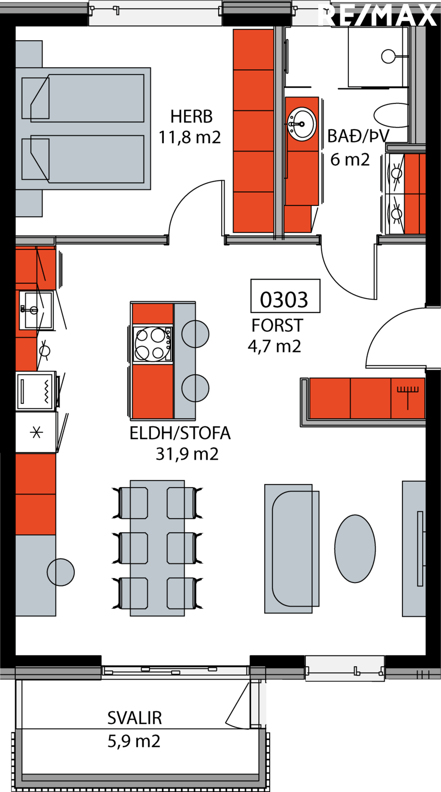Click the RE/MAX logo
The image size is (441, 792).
point(377,15)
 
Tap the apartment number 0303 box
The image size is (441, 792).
point(286,296)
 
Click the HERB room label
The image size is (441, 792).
point(192,117)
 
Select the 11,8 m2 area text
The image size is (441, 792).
point(190,137)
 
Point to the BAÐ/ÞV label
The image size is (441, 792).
point(358,136)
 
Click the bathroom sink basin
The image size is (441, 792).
point(301,124)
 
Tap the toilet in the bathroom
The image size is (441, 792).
point(392,115)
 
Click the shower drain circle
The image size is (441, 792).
point(389,56)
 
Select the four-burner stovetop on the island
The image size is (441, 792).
point(152,344)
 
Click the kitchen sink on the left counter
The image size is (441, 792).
point(36,310)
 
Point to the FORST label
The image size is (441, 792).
point(277,326)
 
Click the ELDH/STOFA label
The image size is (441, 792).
point(180,433)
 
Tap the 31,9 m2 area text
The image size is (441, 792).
point(187,454)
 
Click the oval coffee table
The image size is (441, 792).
point(355,549)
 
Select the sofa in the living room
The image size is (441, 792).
point(292,549)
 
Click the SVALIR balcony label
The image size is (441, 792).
point(135,718)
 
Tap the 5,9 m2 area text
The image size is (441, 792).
point(134,741)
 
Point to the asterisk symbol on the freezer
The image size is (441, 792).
point(37,433)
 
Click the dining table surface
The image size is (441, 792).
point(157,548)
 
